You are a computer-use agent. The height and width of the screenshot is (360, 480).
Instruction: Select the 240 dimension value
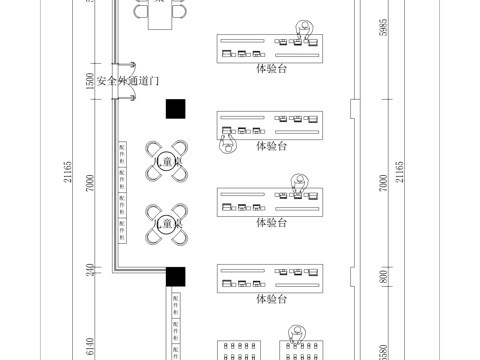tap(90, 270)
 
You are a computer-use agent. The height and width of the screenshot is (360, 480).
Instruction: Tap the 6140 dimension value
tap(90, 345)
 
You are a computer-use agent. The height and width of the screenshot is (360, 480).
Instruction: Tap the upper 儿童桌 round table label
tap(168, 162)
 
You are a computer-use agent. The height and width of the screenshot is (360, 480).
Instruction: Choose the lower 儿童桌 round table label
tap(168, 223)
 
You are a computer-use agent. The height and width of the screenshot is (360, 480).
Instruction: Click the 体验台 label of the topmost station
tap(271, 69)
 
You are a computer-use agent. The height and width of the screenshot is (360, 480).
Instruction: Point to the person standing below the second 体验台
tap(226, 150)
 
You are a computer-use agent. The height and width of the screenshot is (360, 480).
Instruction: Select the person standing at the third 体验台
tap(297, 182)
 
